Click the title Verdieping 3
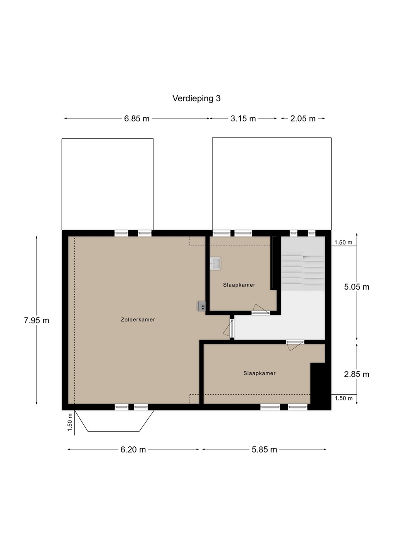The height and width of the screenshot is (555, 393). [x=196, y=99]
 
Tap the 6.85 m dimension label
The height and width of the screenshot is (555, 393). [x=137, y=119]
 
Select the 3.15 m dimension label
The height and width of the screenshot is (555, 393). [x=243, y=119]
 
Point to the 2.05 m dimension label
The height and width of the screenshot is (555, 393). [x=303, y=119]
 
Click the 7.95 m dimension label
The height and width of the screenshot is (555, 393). [x=37, y=320]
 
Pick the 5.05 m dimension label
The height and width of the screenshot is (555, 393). [x=356, y=287]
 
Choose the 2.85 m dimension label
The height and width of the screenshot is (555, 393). [x=356, y=374]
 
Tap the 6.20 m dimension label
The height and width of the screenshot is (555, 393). [x=133, y=449]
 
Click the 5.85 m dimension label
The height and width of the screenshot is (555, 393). [x=264, y=449]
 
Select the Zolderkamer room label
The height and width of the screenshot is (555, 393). [x=138, y=320]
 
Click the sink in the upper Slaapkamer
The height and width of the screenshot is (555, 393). [x=215, y=263]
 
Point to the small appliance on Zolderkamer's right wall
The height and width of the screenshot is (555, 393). [x=201, y=306]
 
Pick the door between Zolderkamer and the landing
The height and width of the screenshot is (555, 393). [x=229, y=329]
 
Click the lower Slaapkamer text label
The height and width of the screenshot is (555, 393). [x=259, y=373]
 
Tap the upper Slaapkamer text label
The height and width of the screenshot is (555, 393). [x=239, y=285]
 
